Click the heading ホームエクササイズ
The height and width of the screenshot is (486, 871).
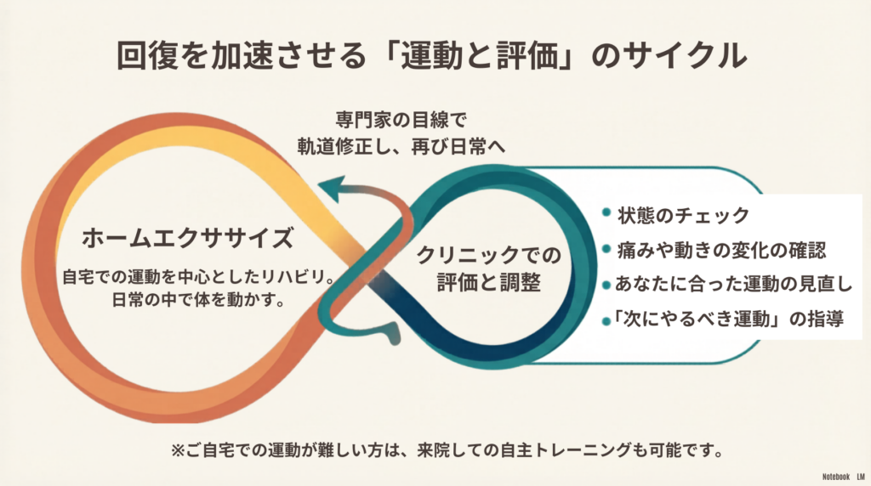click(188, 238)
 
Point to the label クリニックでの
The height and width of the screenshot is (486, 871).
click(489, 255)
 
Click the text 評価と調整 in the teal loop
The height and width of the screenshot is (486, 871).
click(489, 282)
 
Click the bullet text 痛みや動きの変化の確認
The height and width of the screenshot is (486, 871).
click(721, 250)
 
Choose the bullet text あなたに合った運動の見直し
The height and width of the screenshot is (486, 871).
click(733, 284)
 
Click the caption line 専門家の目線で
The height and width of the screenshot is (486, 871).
click(401, 119)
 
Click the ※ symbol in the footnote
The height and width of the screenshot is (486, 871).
click(178, 450)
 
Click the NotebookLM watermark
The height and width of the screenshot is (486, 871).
click(843, 477)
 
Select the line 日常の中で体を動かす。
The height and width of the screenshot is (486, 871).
click(198, 300)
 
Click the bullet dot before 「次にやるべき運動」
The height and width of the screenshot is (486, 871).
click(606, 321)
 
